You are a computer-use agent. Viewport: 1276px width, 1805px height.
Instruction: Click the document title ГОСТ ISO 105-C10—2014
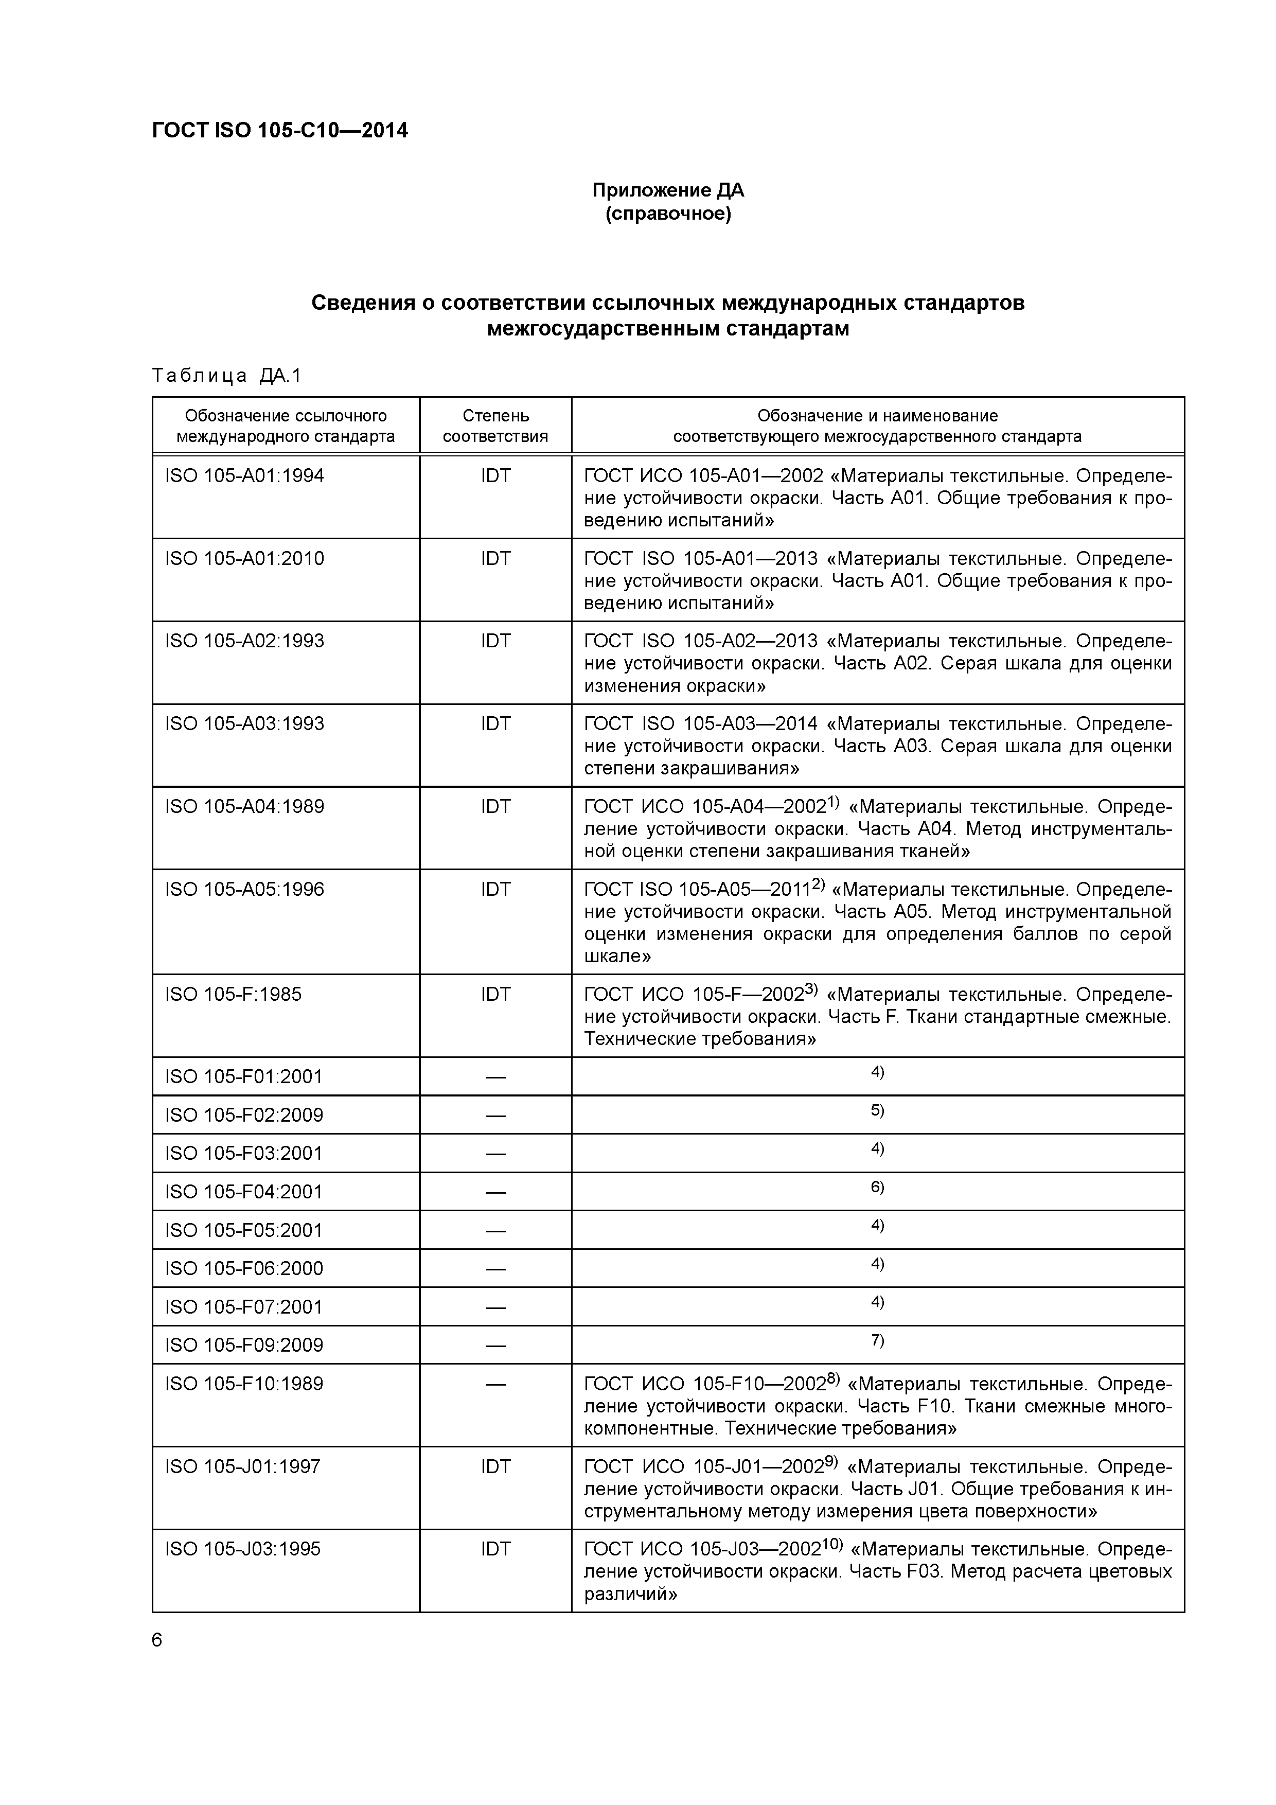[x=280, y=131]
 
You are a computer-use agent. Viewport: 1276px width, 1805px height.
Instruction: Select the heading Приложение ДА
[x=667, y=190]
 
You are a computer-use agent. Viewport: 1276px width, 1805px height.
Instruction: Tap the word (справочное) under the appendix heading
[x=667, y=215]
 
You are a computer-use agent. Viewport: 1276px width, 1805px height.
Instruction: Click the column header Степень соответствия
[x=495, y=426]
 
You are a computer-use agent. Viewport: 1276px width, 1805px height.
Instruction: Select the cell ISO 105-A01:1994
[x=244, y=476]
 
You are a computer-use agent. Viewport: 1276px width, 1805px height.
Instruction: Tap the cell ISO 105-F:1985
[x=234, y=995]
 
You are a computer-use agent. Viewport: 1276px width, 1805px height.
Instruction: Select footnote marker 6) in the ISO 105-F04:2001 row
[x=877, y=1187]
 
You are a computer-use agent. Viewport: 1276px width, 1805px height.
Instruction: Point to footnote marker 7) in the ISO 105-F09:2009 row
[x=877, y=1340]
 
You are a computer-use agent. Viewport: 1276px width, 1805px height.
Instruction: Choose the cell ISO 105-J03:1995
[x=243, y=1549]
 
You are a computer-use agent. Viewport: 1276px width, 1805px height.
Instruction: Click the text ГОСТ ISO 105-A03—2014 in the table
[x=700, y=724]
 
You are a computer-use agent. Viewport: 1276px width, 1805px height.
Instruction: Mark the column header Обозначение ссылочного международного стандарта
[x=286, y=426]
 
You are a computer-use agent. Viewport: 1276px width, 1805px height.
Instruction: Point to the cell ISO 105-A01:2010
[x=244, y=559]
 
